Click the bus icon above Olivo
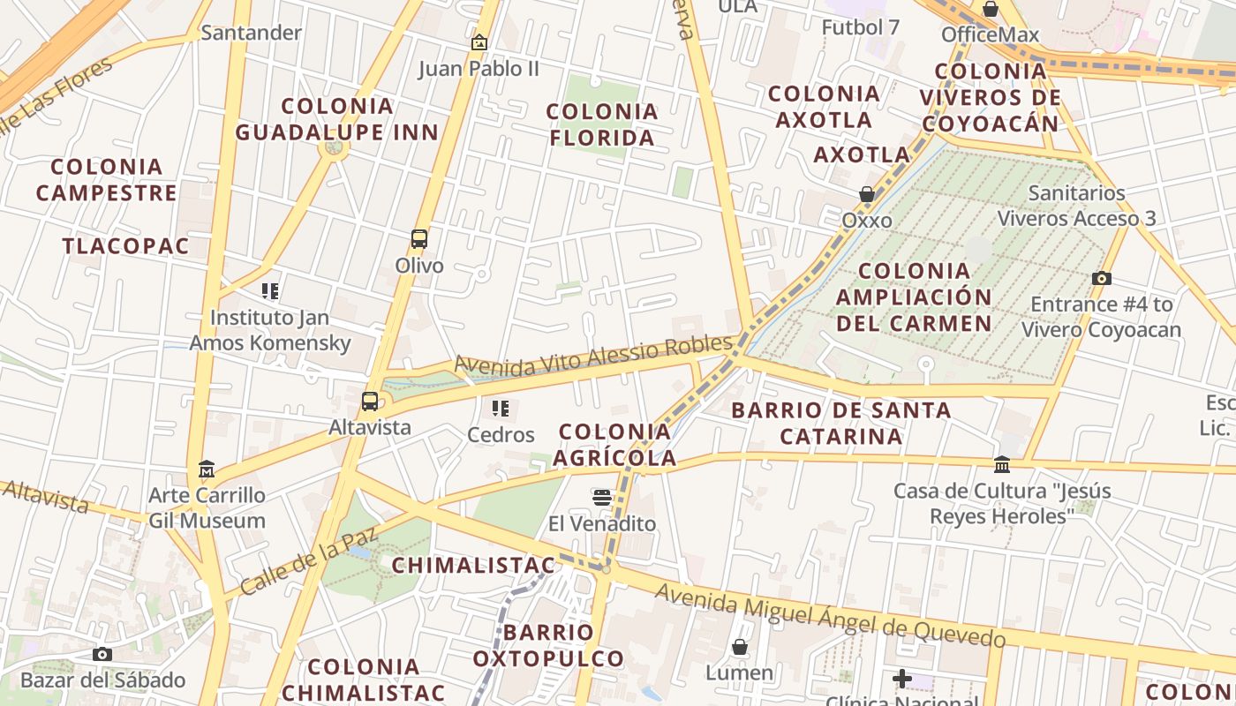(419, 239)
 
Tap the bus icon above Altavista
(370, 402)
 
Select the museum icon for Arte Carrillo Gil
(207, 469)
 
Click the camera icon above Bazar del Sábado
(102, 654)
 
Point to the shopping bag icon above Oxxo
(867, 194)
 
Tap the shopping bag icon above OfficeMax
(991, 10)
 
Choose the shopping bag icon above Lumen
(740, 647)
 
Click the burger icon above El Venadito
(602, 498)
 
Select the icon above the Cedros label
(501, 409)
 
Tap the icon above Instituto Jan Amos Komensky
(270, 290)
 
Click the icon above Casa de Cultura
(1002, 464)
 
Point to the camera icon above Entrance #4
(1101, 279)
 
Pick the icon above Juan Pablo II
(479, 41)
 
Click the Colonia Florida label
(602, 124)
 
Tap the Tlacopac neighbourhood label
(126, 246)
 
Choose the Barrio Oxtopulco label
(548, 645)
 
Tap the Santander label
(252, 33)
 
